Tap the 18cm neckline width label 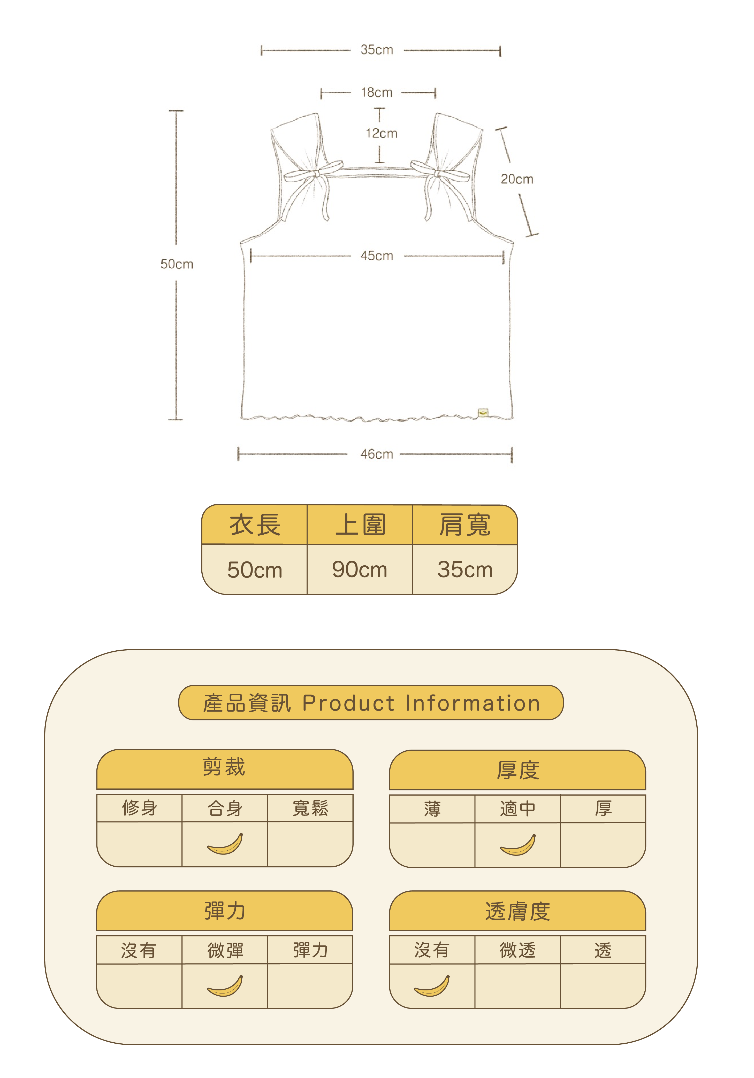click(376, 93)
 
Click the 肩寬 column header click(464, 525)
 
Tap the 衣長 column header click(255, 525)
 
